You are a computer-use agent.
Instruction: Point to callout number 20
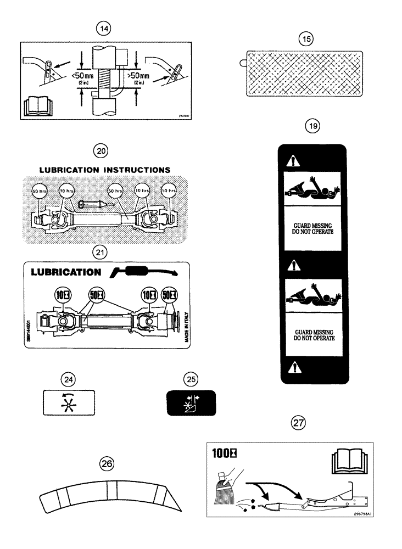click(x=102, y=150)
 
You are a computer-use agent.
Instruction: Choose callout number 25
click(x=191, y=378)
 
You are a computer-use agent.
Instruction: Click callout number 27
click(x=298, y=423)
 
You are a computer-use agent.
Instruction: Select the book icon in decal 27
click(x=349, y=462)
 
